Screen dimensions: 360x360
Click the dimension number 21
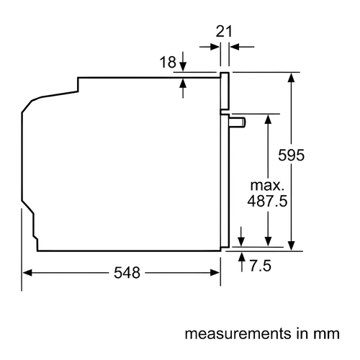point(224,32)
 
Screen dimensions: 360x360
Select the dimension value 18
point(168,62)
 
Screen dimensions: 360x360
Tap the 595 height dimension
point(291,155)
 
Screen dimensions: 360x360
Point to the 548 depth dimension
point(127,273)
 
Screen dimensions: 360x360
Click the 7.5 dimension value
point(261,266)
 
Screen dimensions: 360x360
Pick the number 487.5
point(267,201)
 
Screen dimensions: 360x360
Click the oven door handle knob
point(238,122)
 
